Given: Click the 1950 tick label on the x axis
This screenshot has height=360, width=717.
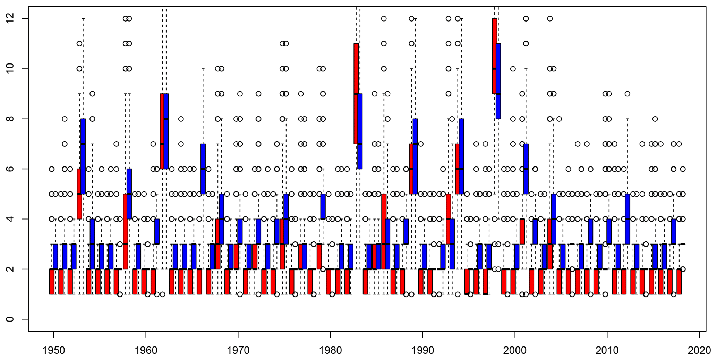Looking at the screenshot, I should point(53,351).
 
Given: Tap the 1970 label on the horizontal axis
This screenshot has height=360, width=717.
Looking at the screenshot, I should point(238,351).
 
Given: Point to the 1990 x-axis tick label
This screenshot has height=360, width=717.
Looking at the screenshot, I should point(422,351).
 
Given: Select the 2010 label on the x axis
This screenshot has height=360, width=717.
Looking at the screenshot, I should point(607,351).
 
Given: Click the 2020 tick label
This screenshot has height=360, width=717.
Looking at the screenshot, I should point(699,351).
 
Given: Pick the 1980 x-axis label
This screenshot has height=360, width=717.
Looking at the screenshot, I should point(330,351).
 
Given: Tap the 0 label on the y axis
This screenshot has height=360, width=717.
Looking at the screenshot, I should point(10,319).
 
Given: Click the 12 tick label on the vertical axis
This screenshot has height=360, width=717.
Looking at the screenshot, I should point(10,18).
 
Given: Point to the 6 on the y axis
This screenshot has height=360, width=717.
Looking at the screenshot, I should point(10,169).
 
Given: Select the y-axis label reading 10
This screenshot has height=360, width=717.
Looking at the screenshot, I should point(10,69).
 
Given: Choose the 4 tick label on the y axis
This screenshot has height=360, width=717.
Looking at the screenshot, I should point(10,219).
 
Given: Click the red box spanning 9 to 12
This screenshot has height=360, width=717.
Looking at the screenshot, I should point(495,56).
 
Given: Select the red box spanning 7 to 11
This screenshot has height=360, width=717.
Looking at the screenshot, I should point(356,94).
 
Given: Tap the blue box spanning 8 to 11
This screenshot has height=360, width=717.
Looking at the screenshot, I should point(498,81).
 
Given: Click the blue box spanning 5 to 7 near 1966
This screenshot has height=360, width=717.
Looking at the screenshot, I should point(203,169).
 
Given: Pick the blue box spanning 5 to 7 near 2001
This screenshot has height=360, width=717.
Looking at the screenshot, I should point(526,169).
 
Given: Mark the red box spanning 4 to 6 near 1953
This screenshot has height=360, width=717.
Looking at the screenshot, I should point(79,194).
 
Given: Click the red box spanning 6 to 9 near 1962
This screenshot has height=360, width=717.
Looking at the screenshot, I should point(162,131).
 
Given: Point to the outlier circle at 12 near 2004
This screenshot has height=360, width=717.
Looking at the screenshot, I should point(550,18).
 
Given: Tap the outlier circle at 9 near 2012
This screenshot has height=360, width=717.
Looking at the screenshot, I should point(627,94).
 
